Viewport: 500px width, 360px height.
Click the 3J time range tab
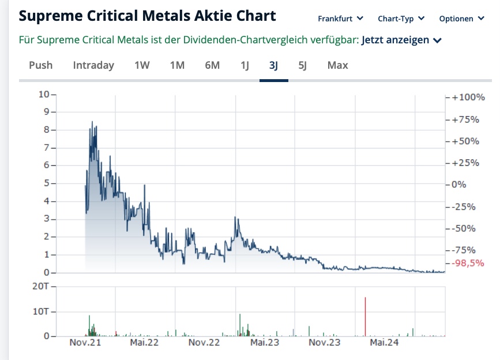(273, 65)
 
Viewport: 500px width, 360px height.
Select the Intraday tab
(93, 65)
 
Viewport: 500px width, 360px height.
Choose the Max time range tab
(337, 65)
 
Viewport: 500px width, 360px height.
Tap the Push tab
(40, 65)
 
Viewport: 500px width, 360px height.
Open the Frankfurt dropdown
(340, 18)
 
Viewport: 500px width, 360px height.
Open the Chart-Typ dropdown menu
(401, 18)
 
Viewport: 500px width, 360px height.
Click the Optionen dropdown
(461, 18)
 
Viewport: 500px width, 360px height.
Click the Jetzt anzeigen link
(401, 40)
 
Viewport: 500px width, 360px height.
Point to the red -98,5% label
(468, 262)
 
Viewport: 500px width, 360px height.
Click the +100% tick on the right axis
(469, 97)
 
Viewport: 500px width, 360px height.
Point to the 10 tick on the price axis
(44, 94)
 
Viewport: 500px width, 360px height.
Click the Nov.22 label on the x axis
(205, 343)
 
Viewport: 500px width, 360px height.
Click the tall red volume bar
(365, 316)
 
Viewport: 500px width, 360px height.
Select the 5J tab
(302, 65)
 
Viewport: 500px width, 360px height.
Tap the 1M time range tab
(177, 65)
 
